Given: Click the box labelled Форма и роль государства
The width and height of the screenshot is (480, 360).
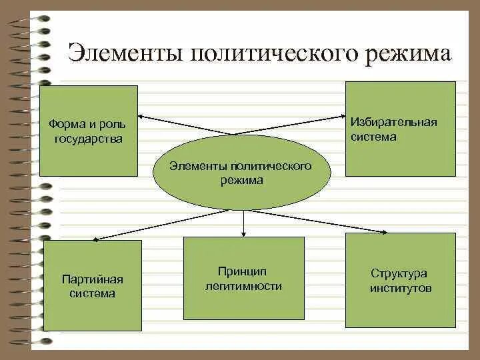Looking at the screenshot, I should pyautogui.click(x=89, y=131).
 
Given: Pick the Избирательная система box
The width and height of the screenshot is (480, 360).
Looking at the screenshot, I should pyautogui.click(x=400, y=129).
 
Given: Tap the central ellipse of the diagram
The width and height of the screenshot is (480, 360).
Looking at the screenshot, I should pyautogui.click(x=241, y=173).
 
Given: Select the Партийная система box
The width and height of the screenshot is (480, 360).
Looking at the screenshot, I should pyautogui.click(x=93, y=285).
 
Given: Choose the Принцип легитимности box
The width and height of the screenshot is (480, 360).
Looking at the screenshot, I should pyautogui.click(x=243, y=278).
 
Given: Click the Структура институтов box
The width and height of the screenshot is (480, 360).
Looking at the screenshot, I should pyautogui.click(x=400, y=280).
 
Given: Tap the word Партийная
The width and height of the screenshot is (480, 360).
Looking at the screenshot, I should pyautogui.click(x=93, y=279).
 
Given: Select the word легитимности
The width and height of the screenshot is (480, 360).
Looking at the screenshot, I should pyautogui.click(x=243, y=286).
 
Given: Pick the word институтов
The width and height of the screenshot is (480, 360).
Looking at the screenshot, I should pyautogui.click(x=401, y=289).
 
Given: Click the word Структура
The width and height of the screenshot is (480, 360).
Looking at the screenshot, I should pyautogui.click(x=399, y=273).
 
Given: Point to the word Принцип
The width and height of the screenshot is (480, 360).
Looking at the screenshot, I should pyautogui.click(x=242, y=271).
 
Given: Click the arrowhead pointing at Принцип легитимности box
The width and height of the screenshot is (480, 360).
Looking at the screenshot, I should pyautogui.click(x=244, y=233).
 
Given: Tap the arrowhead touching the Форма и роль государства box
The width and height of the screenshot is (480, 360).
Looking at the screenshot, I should pyautogui.click(x=141, y=117).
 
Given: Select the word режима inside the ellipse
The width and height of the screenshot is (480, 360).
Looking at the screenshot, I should pyautogui.click(x=241, y=180).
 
